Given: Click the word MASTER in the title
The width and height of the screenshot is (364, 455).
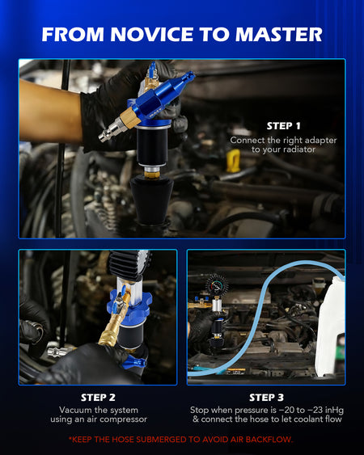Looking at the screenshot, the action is click(x=278, y=35).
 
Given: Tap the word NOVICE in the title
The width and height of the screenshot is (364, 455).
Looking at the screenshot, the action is click(x=151, y=35).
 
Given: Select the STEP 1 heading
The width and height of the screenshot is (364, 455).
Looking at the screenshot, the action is click(x=283, y=126).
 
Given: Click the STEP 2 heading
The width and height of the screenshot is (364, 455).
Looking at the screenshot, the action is click(x=98, y=398).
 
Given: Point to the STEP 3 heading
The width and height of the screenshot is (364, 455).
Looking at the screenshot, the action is click(x=266, y=398).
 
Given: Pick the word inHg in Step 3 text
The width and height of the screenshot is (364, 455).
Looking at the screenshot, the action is click(x=334, y=410).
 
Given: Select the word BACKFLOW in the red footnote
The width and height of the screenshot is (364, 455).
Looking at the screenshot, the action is click(x=268, y=440).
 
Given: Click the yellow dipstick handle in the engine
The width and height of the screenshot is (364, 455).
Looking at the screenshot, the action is click(x=233, y=161).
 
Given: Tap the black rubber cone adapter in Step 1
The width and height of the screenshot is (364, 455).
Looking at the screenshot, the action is click(x=151, y=200).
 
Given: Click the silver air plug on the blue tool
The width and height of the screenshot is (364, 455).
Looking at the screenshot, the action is click(x=109, y=132).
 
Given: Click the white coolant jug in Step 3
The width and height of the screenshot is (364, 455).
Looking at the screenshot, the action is click(x=331, y=327).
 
